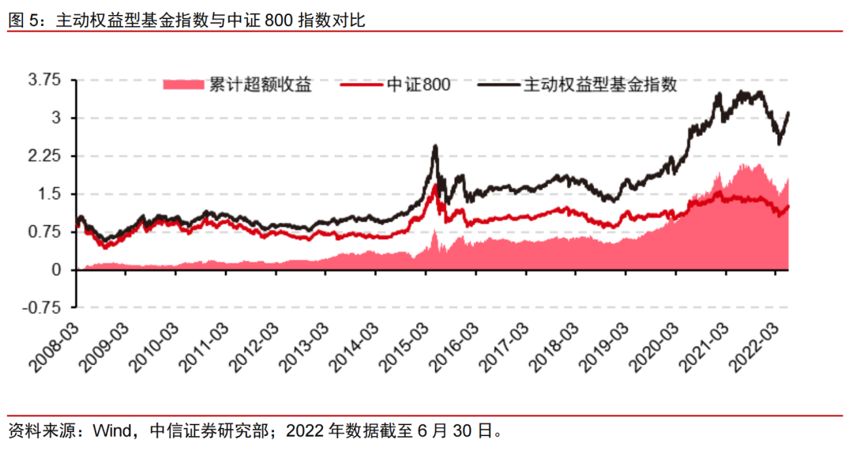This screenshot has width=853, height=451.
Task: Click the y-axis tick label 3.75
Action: point(44,81)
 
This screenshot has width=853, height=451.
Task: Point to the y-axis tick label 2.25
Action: point(44,156)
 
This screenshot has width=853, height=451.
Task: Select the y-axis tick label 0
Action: point(56,270)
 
